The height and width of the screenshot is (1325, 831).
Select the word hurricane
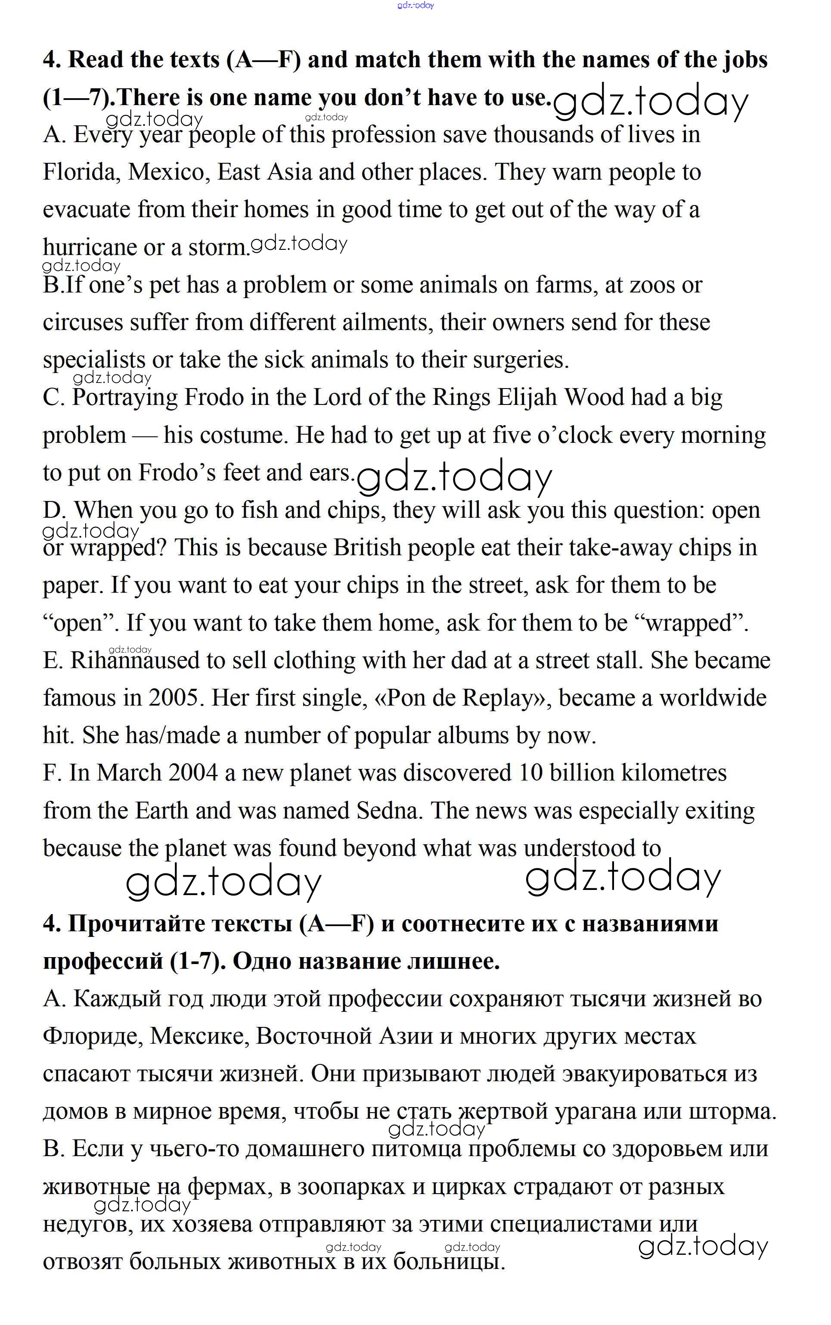click(x=90, y=247)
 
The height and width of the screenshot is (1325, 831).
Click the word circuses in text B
click(x=82, y=322)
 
